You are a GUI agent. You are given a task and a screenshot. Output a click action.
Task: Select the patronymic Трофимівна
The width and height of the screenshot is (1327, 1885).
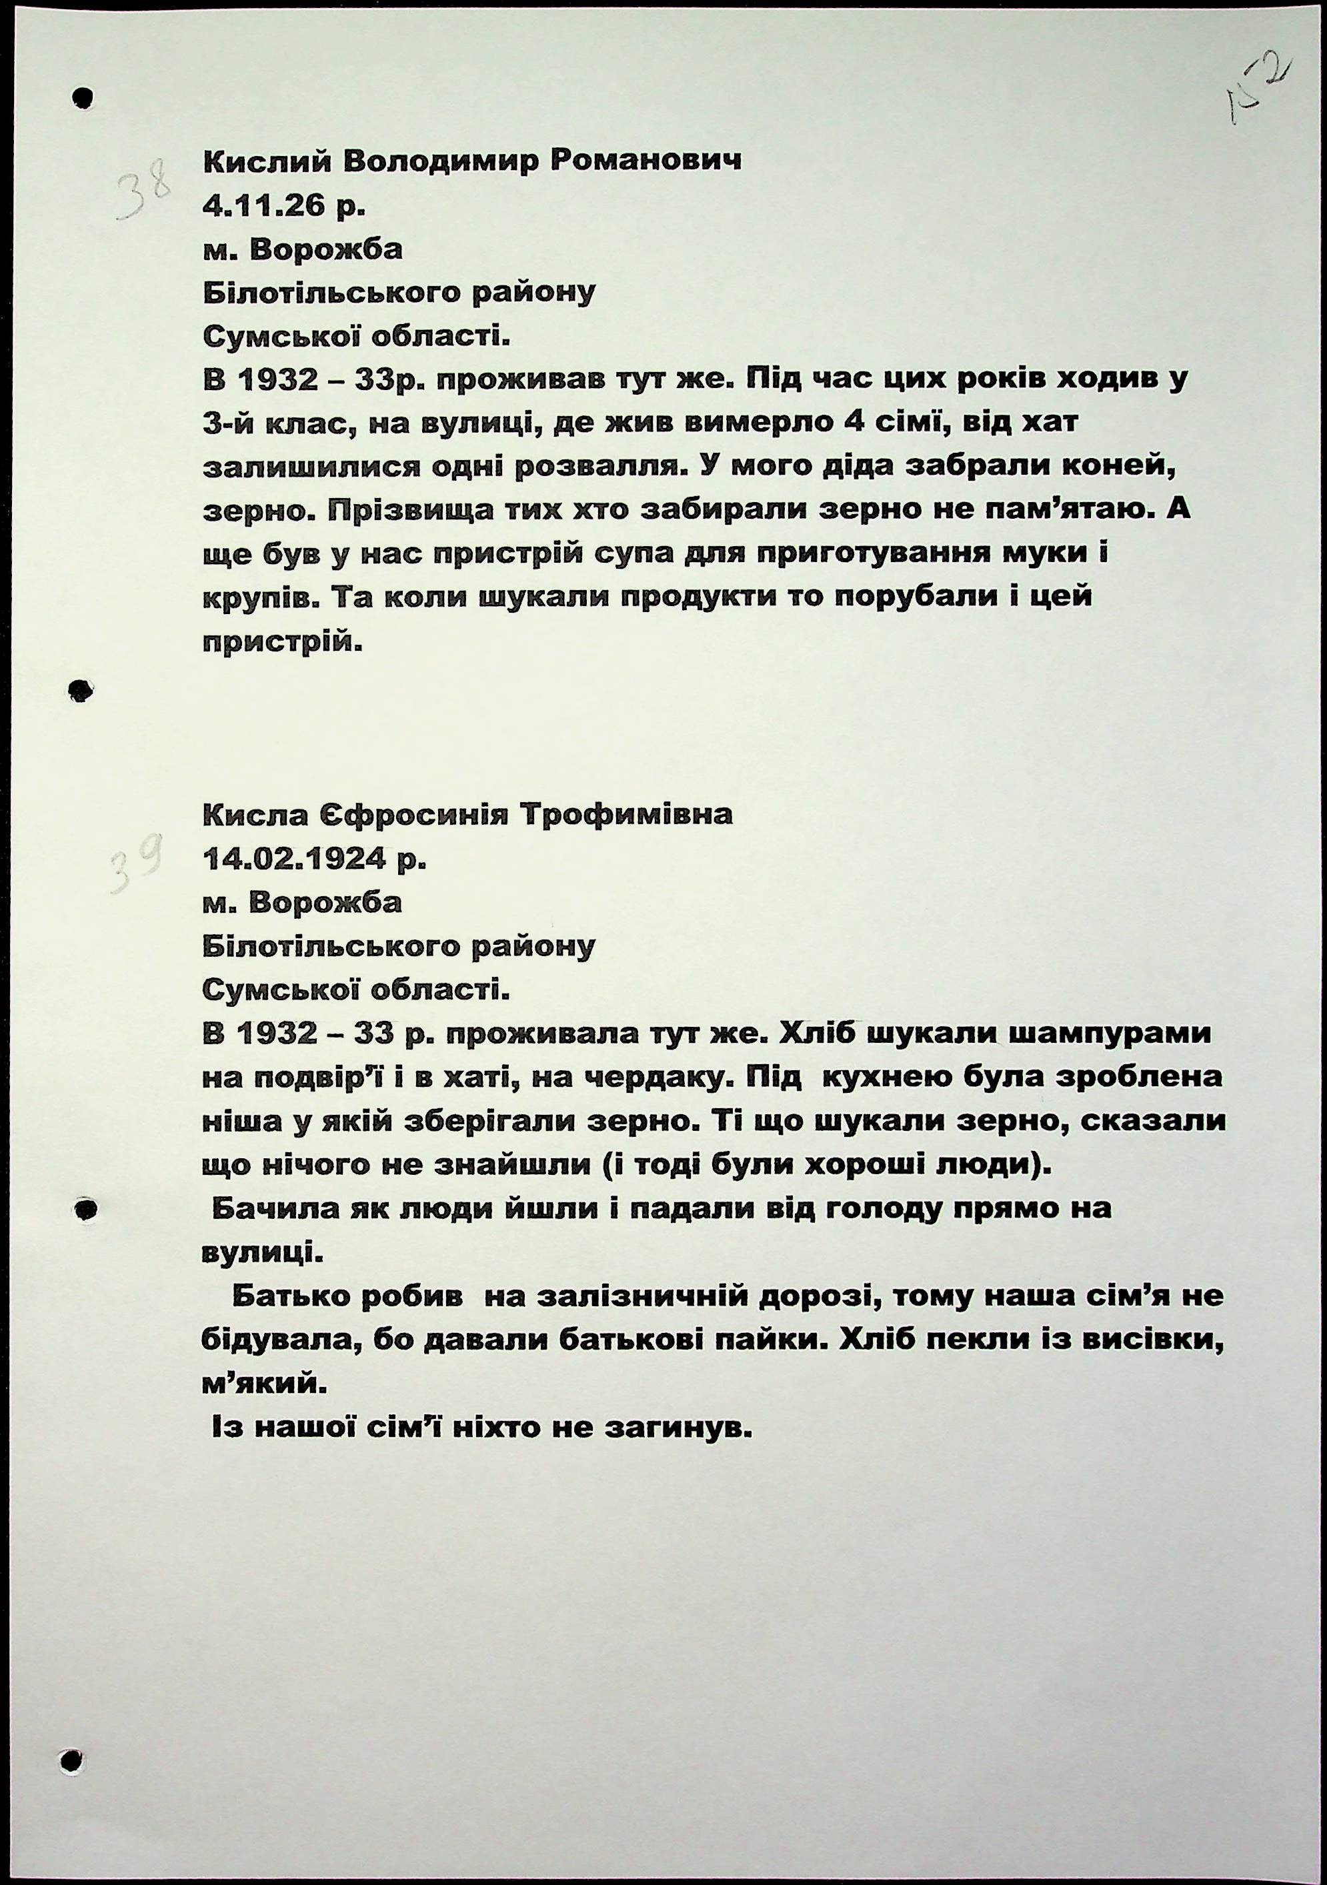tap(627, 815)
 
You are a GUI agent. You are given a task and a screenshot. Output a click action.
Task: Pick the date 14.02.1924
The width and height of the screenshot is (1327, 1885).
tap(294, 859)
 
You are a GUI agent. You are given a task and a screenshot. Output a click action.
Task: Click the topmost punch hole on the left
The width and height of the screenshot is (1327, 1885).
tap(81, 98)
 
